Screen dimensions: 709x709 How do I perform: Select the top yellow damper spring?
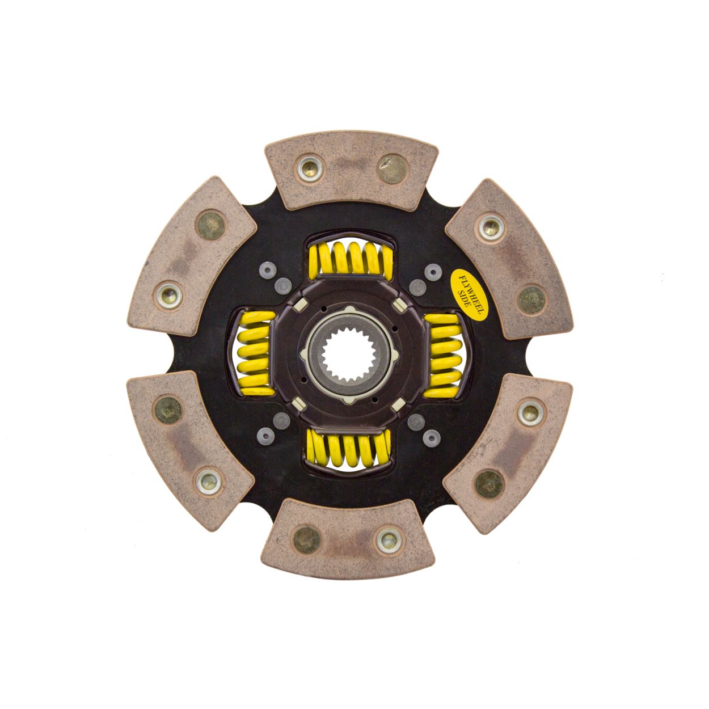(351, 259)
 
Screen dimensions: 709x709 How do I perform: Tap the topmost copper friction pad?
(351, 170)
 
